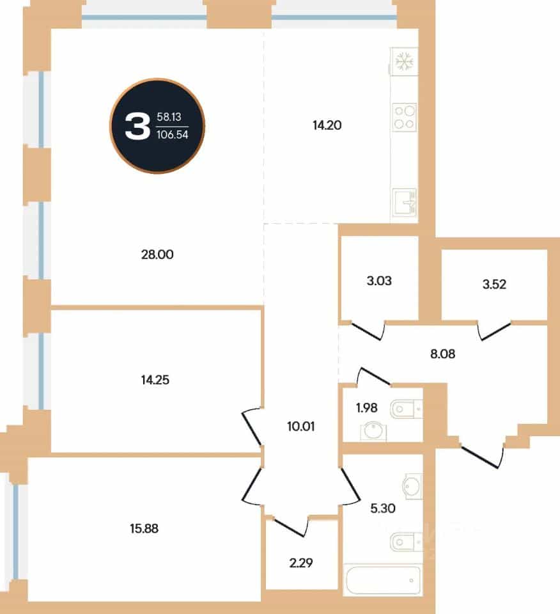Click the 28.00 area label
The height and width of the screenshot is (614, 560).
coord(157,255)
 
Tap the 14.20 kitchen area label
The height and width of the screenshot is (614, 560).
coord(327,125)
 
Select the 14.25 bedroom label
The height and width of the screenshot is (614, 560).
coord(155,380)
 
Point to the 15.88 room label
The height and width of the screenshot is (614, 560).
coord(144,529)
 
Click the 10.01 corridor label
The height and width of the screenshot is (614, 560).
coord(301,426)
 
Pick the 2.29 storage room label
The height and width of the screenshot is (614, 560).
coord(301,563)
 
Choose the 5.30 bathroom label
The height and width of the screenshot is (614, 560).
coord(383,508)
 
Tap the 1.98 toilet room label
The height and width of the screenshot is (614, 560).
coord(367,408)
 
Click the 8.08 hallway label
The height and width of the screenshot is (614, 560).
coord(443,354)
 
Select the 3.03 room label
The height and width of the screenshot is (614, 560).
coord(379,281)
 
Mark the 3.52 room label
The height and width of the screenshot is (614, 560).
coord(494,284)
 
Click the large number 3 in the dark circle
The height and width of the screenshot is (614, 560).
coord(137,126)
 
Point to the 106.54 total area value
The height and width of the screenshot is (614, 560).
coord(173,135)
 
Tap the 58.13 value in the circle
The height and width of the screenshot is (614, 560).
coord(169,116)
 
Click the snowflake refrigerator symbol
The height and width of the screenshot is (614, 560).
coord(405,61)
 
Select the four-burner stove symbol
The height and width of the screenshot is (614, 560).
coord(405,117)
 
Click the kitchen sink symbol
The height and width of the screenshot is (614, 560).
coord(405,202)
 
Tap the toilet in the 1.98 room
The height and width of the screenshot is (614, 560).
coord(406,409)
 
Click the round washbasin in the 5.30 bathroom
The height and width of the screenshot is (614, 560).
coord(412,486)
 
